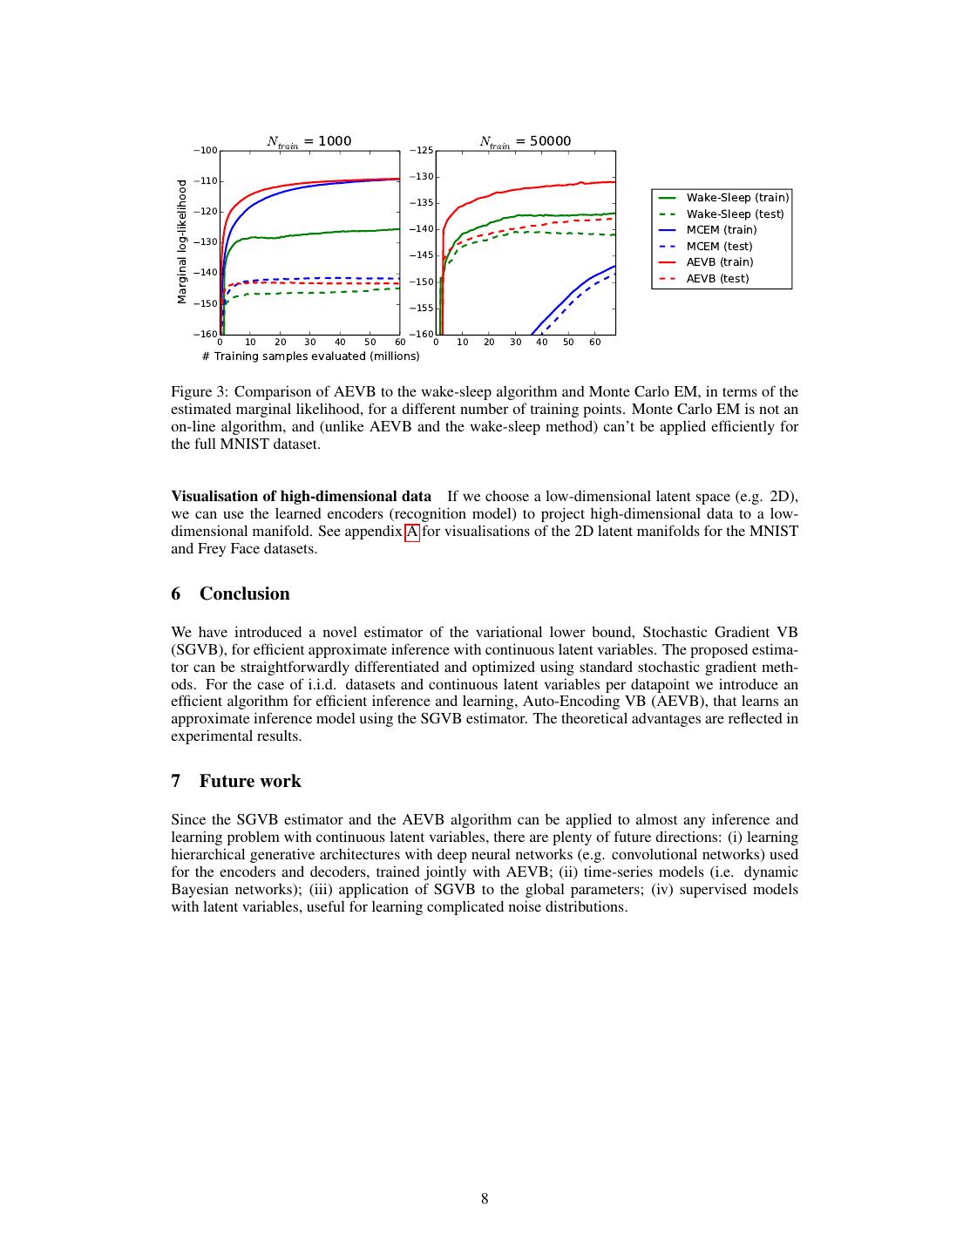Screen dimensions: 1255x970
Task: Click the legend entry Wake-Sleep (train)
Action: click(x=737, y=198)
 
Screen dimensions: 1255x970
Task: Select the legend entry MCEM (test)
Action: click(x=719, y=247)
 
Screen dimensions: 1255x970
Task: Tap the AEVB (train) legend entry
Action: click(x=719, y=262)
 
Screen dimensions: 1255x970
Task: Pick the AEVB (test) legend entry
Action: click(x=717, y=279)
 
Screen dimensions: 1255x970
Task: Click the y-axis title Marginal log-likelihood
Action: click(x=182, y=241)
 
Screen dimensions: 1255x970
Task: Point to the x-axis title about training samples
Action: click(x=310, y=356)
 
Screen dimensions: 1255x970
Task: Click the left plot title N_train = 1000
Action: click(x=309, y=141)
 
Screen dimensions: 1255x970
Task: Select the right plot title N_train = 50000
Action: click(x=525, y=141)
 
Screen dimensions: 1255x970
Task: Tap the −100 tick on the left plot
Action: click(x=206, y=151)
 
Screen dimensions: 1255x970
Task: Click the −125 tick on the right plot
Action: click(x=421, y=151)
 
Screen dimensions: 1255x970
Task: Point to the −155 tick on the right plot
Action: click(x=421, y=309)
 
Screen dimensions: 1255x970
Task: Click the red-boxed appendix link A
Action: click(x=412, y=532)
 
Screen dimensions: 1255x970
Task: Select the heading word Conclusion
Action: click(x=244, y=594)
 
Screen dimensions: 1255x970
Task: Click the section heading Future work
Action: click(x=250, y=781)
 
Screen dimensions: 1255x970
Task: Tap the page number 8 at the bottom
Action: click(x=485, y=1199)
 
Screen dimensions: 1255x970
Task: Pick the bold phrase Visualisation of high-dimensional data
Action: click(x=301, y=497)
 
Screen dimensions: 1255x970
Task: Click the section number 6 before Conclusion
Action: click(x=176, y=594)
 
